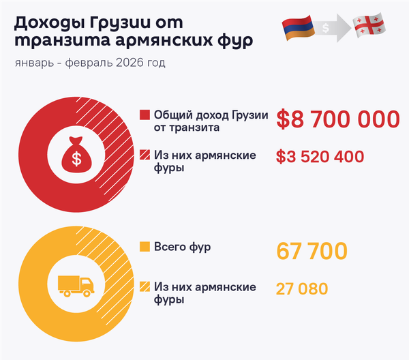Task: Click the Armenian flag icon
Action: click(x=299, y=27)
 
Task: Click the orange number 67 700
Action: click(x=312, y=251)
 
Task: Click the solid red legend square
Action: click(x=144, y=115)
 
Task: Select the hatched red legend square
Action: click(x=144, y=155)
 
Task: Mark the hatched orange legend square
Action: click(x=144, y=287)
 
